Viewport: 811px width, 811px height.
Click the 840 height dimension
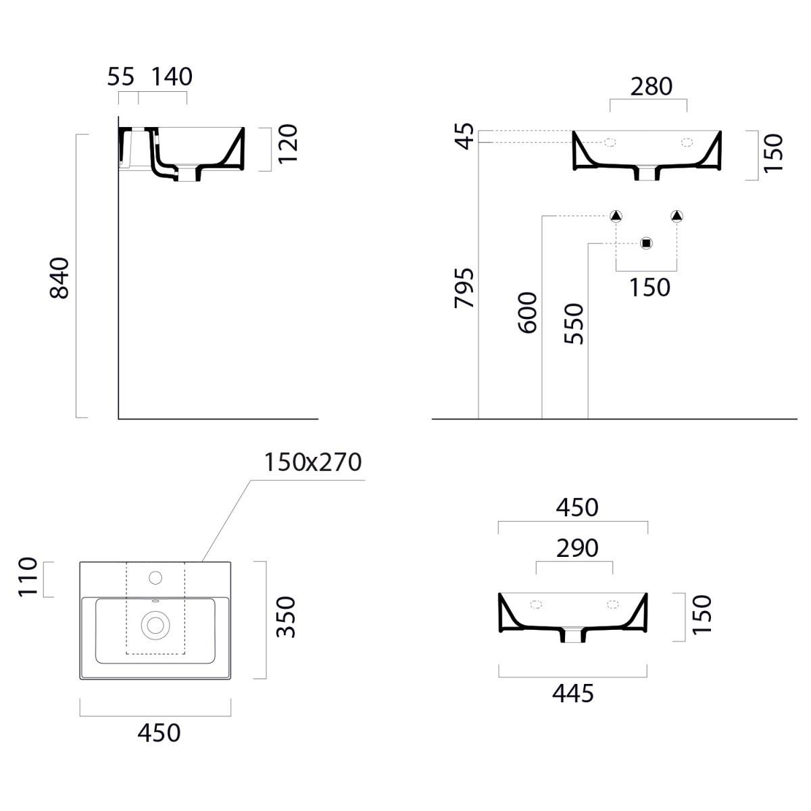(59, 278)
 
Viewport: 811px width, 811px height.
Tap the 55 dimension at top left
(121, 76)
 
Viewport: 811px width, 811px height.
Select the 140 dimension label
(172, 76)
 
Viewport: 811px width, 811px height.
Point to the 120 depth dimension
(288, 144)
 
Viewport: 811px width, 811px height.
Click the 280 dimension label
(651, 87)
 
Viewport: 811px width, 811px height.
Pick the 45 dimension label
(465, 137)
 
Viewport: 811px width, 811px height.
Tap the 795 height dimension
(464, 288)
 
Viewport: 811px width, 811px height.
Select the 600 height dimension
(527, 313)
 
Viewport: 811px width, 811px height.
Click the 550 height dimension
(574, 324)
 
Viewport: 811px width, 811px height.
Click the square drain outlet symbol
(646, 243)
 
